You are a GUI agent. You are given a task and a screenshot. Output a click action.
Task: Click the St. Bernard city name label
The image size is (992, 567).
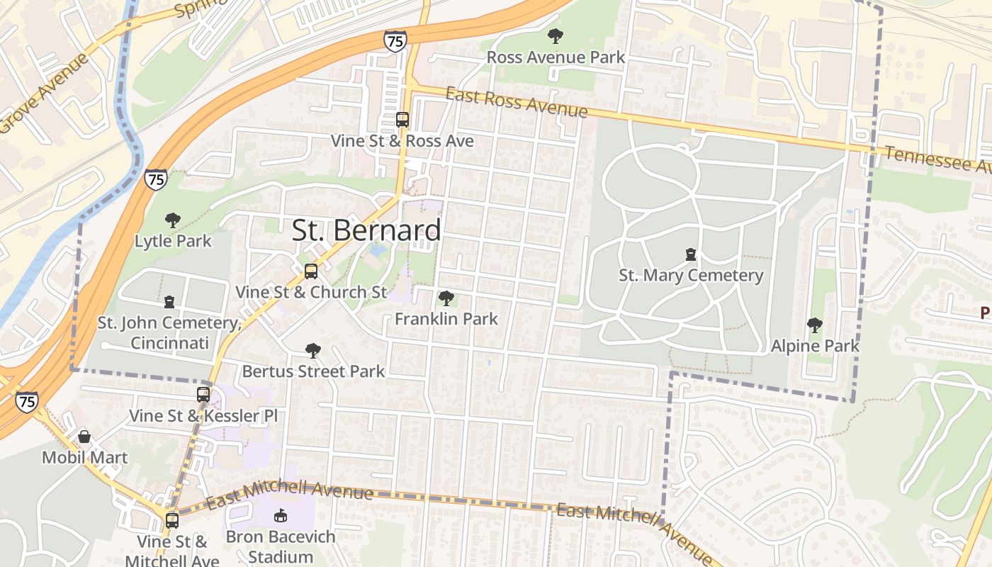tap(366, 230)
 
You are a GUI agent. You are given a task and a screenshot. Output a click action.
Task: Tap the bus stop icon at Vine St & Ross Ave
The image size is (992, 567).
tap(402, 120)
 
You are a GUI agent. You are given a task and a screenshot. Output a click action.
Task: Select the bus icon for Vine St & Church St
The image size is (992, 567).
tap(310, 271)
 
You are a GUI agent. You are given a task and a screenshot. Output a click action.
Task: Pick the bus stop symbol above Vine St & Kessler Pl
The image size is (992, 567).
tap(203, 394)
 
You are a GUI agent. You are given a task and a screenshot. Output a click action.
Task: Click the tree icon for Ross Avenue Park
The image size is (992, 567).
tap(556, 35)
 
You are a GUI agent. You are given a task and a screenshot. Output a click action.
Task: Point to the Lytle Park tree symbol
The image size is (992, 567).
tap(172, 220)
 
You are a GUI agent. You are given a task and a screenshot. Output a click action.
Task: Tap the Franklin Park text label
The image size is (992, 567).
tap(446, 319)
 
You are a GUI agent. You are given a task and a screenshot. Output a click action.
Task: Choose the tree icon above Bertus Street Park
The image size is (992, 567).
tap(312, 351)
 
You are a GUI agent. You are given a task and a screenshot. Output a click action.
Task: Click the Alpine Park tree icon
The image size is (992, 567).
tap(815, 325)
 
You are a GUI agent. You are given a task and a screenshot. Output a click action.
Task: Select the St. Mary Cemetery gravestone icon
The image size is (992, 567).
tap(690, 254)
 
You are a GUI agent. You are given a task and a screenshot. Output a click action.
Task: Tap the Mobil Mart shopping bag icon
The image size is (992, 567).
tap(84, 437)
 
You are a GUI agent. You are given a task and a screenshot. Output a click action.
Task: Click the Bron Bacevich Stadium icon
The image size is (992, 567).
tap(281, 516)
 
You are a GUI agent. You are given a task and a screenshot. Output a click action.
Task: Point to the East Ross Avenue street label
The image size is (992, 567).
tap(517, 103)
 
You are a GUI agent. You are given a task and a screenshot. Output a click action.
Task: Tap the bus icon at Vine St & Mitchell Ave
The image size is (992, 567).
tap(172, 521)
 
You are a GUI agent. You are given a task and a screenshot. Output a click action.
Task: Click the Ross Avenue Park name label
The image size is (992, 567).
tap(556, 57)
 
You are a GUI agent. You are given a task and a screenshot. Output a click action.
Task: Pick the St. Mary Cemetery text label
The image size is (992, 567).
tap(690, 275)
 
